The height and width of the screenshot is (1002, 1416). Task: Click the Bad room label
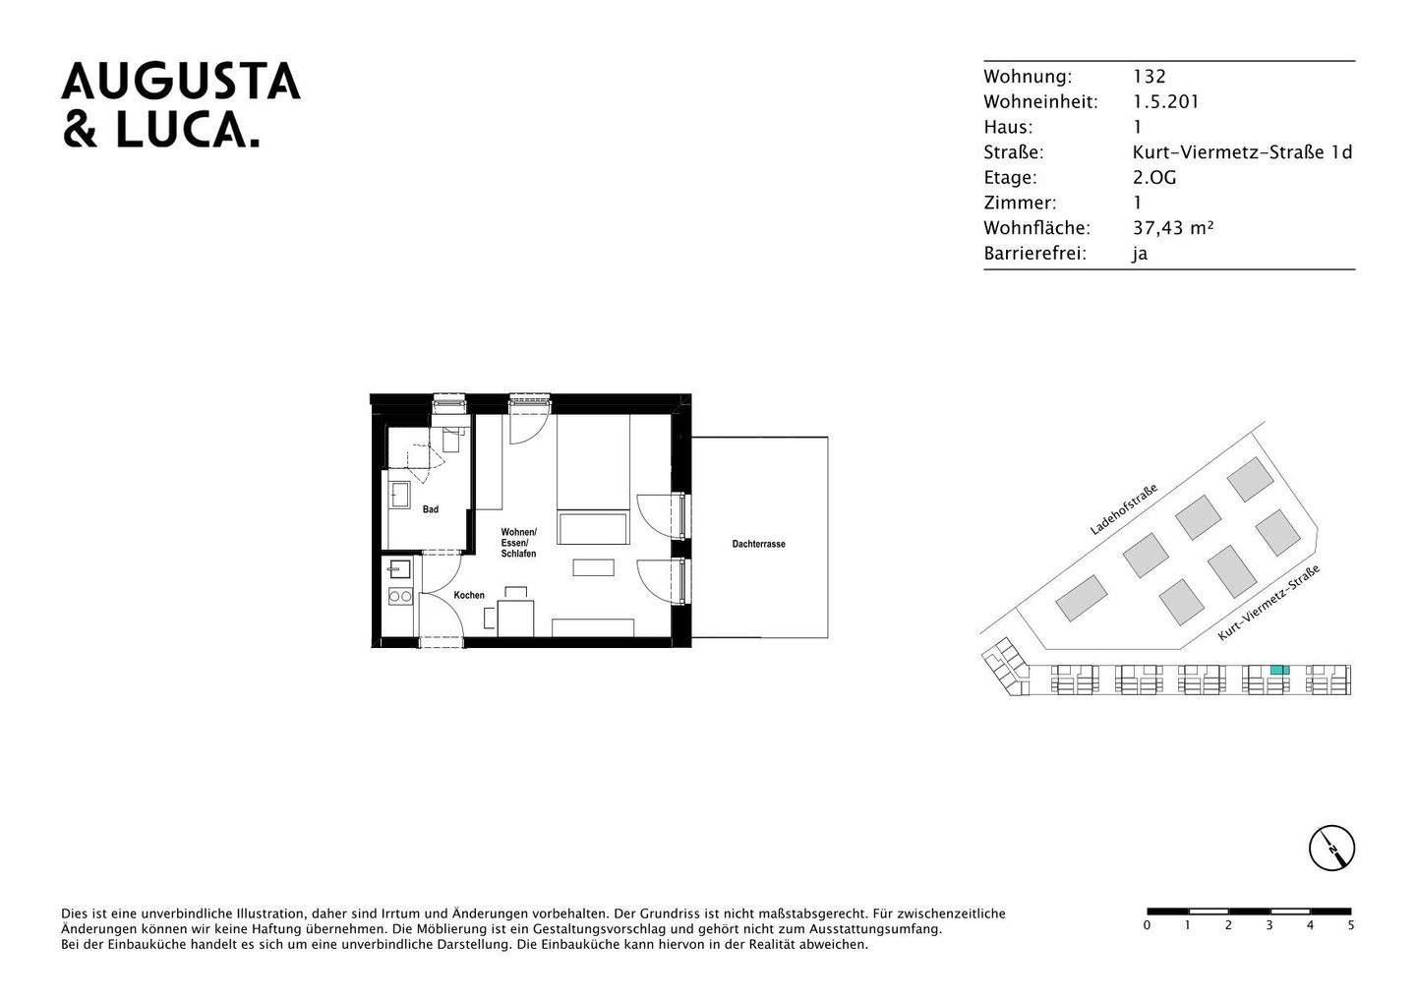coord(431,509)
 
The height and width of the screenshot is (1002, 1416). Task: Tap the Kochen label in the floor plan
coord(469,595)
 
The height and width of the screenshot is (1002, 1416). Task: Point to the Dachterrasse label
coord(758,544)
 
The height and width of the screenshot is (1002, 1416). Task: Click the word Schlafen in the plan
coord(518,554)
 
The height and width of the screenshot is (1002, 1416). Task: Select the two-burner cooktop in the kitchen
coord(399,596)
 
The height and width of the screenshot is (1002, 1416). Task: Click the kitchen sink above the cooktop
coord(399,568)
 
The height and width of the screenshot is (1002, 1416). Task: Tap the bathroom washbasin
coord(400,493)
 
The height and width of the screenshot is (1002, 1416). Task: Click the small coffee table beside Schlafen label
coord(593,567)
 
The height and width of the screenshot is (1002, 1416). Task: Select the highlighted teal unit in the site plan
coord(1277,670)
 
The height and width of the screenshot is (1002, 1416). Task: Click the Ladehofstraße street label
coord(1123,508)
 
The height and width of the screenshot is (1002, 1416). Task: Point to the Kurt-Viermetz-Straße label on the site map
coord(1268,603)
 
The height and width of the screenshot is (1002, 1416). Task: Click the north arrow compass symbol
coord(1331,848)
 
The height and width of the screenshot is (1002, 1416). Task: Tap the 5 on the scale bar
coord(1351,925)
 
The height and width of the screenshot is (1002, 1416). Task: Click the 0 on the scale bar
coord(1147,925)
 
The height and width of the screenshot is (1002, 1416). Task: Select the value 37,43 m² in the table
coord(1173,228)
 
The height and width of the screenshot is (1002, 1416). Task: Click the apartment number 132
coord(1149,77)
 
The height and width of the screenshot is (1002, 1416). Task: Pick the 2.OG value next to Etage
coord(1154,178)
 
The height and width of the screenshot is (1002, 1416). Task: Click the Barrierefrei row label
coord(1034,254)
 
